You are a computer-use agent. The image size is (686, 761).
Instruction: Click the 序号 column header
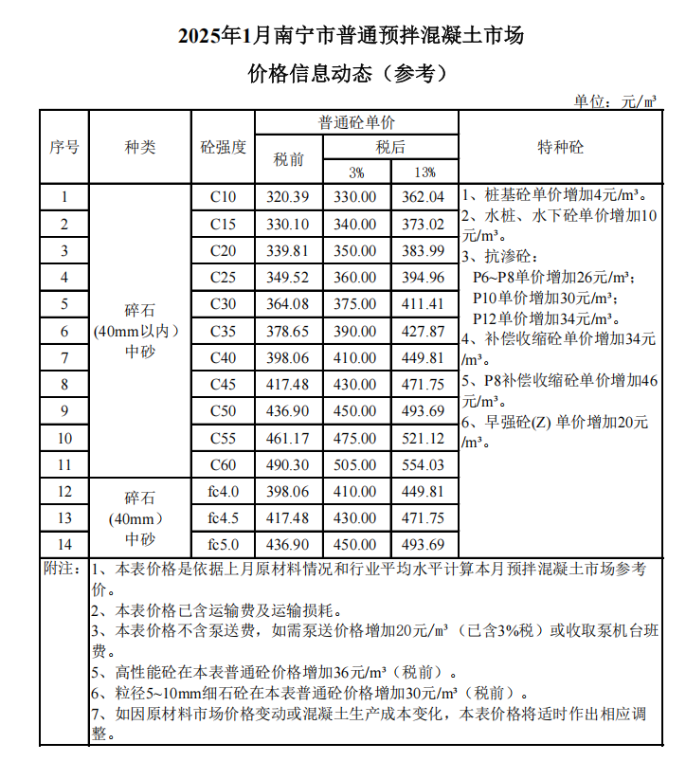click(x=64, y=148)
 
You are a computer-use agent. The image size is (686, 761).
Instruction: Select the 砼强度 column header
click(x=224, y=148)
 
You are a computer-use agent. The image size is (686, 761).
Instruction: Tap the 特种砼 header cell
click(x=561, y=148)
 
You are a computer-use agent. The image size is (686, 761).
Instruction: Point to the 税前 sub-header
click(x=289, y=159)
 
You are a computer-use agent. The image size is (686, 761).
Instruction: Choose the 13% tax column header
click(x=424, y=172)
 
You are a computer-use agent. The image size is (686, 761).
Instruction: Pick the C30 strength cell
click(x=224, y=304)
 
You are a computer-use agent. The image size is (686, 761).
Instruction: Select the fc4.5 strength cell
click(x=224, y=518)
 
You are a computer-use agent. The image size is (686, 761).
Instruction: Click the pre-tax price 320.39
click(x=289, y=197)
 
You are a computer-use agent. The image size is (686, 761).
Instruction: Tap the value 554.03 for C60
click(x=424, y=465)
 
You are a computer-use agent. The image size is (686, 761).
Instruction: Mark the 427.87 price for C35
click(x=424, y=332)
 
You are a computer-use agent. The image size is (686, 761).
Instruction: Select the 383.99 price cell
click(x=424, y=251)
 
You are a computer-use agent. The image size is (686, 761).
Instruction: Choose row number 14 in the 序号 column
click(x=64, y=545)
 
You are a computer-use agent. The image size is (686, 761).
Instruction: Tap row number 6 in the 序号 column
click(x=64, y=332)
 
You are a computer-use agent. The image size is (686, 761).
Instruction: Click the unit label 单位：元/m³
click(x=615, y=100)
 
